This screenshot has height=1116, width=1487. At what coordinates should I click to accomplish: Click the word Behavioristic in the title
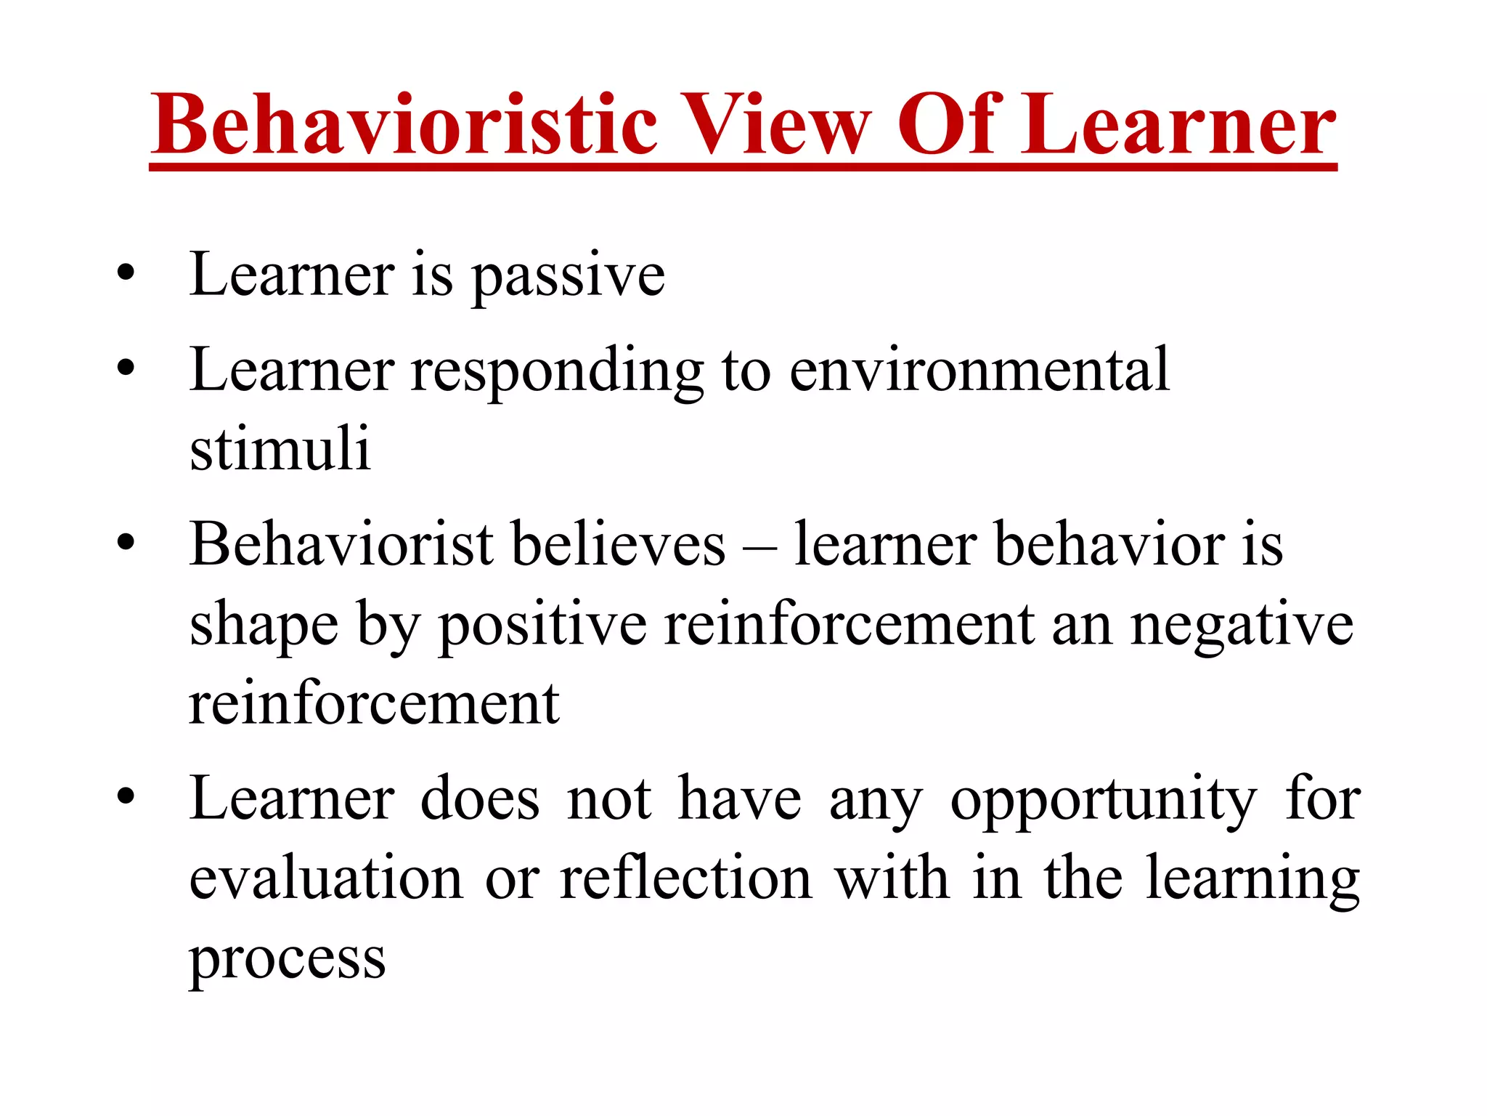pyautogui.click(x=404, y=125)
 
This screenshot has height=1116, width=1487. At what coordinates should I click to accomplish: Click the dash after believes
pyautogui.click(x=759, y=546)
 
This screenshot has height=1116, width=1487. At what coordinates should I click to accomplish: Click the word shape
pyautogui.click(x=264, y=626)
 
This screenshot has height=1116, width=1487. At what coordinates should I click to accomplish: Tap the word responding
pyautogui.click(x=557, y=372)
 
